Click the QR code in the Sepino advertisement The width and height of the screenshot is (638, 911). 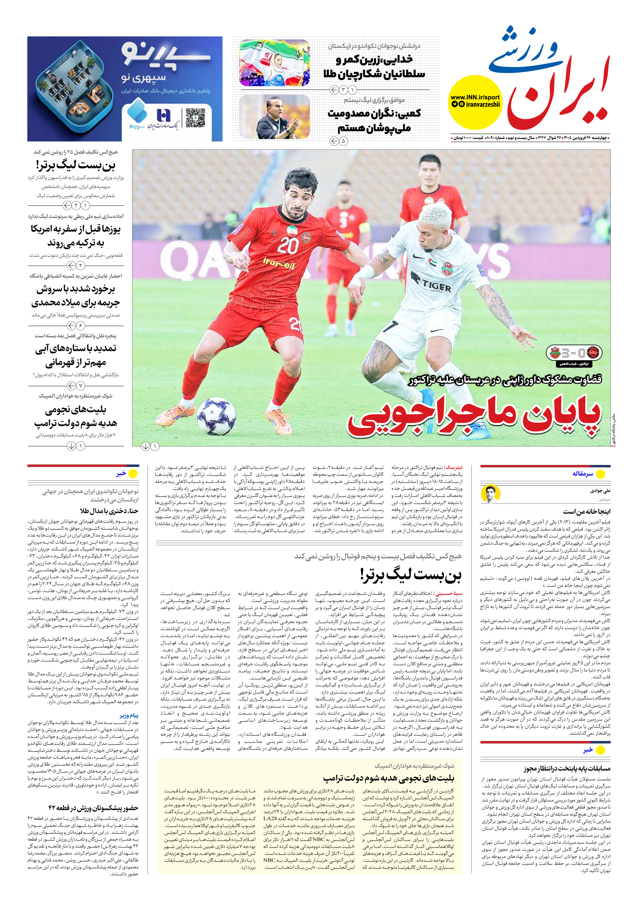[195, 118]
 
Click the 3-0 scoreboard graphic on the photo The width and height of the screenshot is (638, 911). [574, 352]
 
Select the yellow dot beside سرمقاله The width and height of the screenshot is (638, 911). [600, 474]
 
